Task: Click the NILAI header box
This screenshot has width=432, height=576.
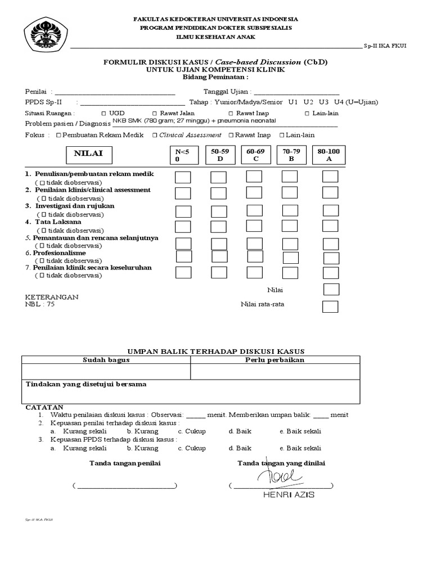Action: tap(88, 154)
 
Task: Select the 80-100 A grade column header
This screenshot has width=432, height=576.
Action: tap(329, 155)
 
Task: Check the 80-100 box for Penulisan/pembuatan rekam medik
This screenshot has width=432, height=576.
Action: tap(330, 177)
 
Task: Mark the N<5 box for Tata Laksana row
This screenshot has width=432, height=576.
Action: tap(183, 227)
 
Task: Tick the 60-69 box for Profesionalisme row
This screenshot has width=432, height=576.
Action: tap(254, 256)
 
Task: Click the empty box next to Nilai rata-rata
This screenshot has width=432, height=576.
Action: tap(330, 307)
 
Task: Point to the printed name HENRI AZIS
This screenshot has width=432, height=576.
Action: tap(289, 495)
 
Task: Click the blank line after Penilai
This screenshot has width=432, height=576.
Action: tap(115, 92)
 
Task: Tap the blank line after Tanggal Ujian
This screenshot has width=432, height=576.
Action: tap(297, 92)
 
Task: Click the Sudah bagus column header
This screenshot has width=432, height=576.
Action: tap(106, 359)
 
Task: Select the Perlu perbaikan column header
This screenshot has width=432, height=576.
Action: tap(275, 359)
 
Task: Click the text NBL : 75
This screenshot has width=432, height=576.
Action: tap(40, 304)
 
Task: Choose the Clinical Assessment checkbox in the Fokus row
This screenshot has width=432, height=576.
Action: tap(156, 136)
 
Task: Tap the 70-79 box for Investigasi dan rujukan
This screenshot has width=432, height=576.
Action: tap(290, 210)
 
